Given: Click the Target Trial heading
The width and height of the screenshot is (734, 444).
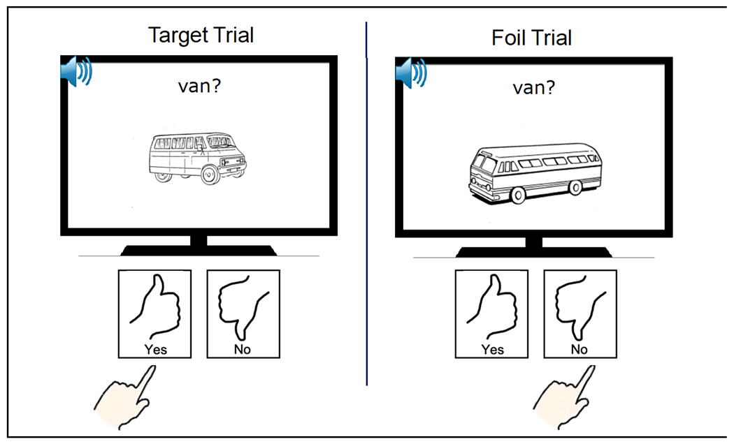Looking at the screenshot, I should (x=201, y=35).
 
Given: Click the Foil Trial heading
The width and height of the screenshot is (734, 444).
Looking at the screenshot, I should (x=531, y=37).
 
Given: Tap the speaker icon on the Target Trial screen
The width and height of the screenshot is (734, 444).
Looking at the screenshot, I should (x=76, y=73).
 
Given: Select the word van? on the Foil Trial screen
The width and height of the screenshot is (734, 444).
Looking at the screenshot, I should (x=535, y=88).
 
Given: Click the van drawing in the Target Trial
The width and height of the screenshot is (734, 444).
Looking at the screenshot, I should (x=198, y=158).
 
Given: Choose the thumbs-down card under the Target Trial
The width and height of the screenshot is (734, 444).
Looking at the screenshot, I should (x=243, y=313).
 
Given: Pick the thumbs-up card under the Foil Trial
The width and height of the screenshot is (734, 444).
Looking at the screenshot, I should (x=491, y=313).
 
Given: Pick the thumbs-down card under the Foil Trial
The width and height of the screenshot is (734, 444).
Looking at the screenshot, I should (x=580, y=313).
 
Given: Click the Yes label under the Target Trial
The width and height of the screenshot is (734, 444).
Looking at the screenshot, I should (x=155, y=348).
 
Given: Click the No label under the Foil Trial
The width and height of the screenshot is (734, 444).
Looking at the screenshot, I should (x=580, y=348).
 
